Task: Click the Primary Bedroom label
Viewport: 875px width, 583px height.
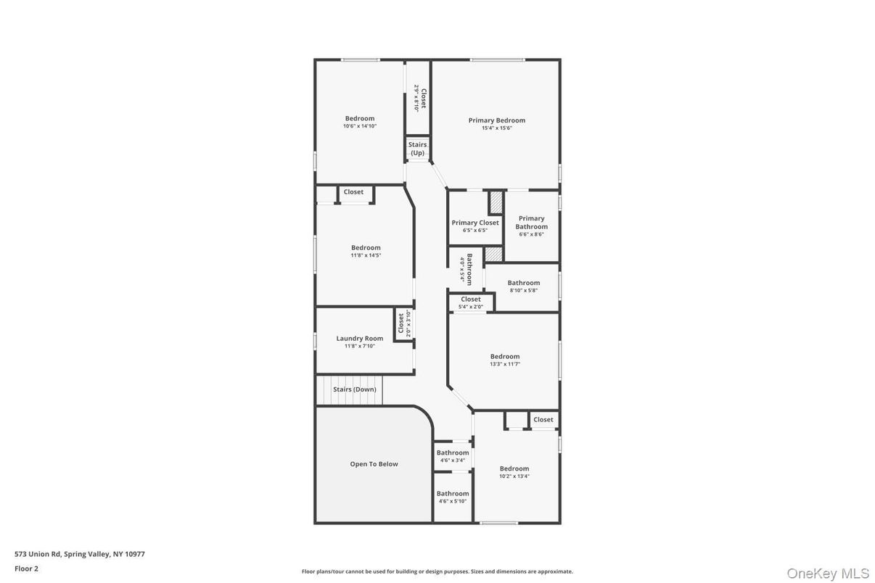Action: click(x=496, y=120)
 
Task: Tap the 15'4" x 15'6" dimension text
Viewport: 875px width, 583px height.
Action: click(x=496, y=128)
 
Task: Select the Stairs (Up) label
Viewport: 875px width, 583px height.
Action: click(x=417, y=149)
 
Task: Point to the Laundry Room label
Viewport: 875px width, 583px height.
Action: click(x=359, y=338)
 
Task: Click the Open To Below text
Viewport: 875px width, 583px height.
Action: click(x=374, y=464)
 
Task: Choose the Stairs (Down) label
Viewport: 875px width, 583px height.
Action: click(x=355, y=389)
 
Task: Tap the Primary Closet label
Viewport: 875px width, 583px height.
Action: click(x=475, y=223)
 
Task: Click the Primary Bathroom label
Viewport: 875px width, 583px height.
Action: click(x=531, y=223)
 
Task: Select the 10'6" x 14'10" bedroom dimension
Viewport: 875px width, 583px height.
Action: click(x=360, y=126)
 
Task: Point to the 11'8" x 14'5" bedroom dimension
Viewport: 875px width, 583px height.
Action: click(x=366, y=255)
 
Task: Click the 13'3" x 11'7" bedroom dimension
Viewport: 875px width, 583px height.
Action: click(x=505, y=364)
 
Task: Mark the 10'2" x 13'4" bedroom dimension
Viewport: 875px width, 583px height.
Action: click(x=514, y=476)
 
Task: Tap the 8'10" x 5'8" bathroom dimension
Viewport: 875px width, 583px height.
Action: click(x=523, y=290)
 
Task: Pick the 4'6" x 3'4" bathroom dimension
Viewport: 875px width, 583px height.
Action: click(x=452, y=460)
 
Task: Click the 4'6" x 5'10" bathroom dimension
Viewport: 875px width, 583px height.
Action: click(x=452, y=501)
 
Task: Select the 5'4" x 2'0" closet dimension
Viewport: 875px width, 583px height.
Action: click(x=470, y=307)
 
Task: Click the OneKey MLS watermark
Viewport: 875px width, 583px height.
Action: click(x=828, y=574)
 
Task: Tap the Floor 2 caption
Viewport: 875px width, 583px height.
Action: click(x=26, y=568)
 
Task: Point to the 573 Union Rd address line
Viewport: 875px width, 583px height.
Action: click(x=80, y=554)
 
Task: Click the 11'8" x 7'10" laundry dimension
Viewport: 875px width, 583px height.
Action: click(x=359, y=346)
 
